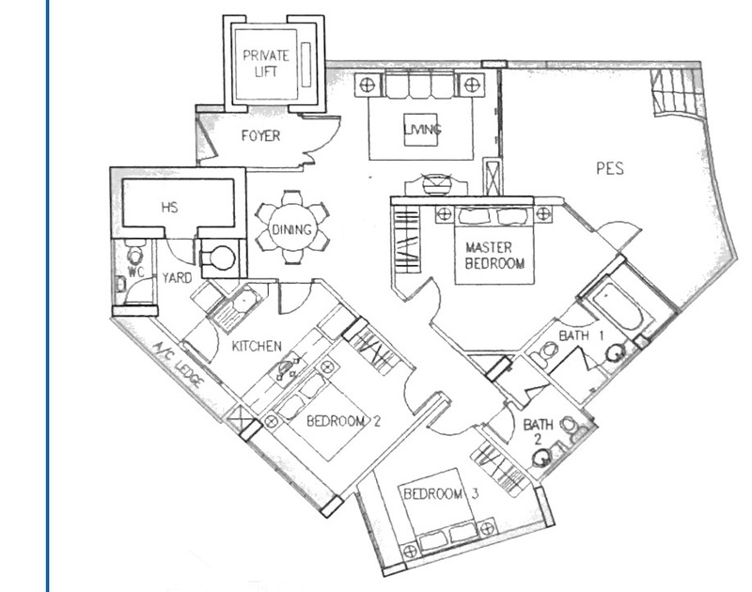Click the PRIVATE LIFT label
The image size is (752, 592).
[266, 63]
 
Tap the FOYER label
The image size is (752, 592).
[260, 136]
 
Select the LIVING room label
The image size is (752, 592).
[422, 130]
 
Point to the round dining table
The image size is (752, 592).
[292, 228]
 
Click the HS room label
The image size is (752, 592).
[170, 207]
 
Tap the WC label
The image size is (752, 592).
[135, 272]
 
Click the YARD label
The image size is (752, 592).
[177, 278]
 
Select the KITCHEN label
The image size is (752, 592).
[257, 346]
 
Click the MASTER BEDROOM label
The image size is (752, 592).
[494, 256]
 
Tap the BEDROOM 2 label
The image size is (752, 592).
[343, 421]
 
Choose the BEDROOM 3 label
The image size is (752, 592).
[441, 493]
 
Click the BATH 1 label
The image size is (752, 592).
[581, 335]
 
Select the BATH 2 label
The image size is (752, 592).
[538, 431]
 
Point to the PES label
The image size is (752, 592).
[610, 168]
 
